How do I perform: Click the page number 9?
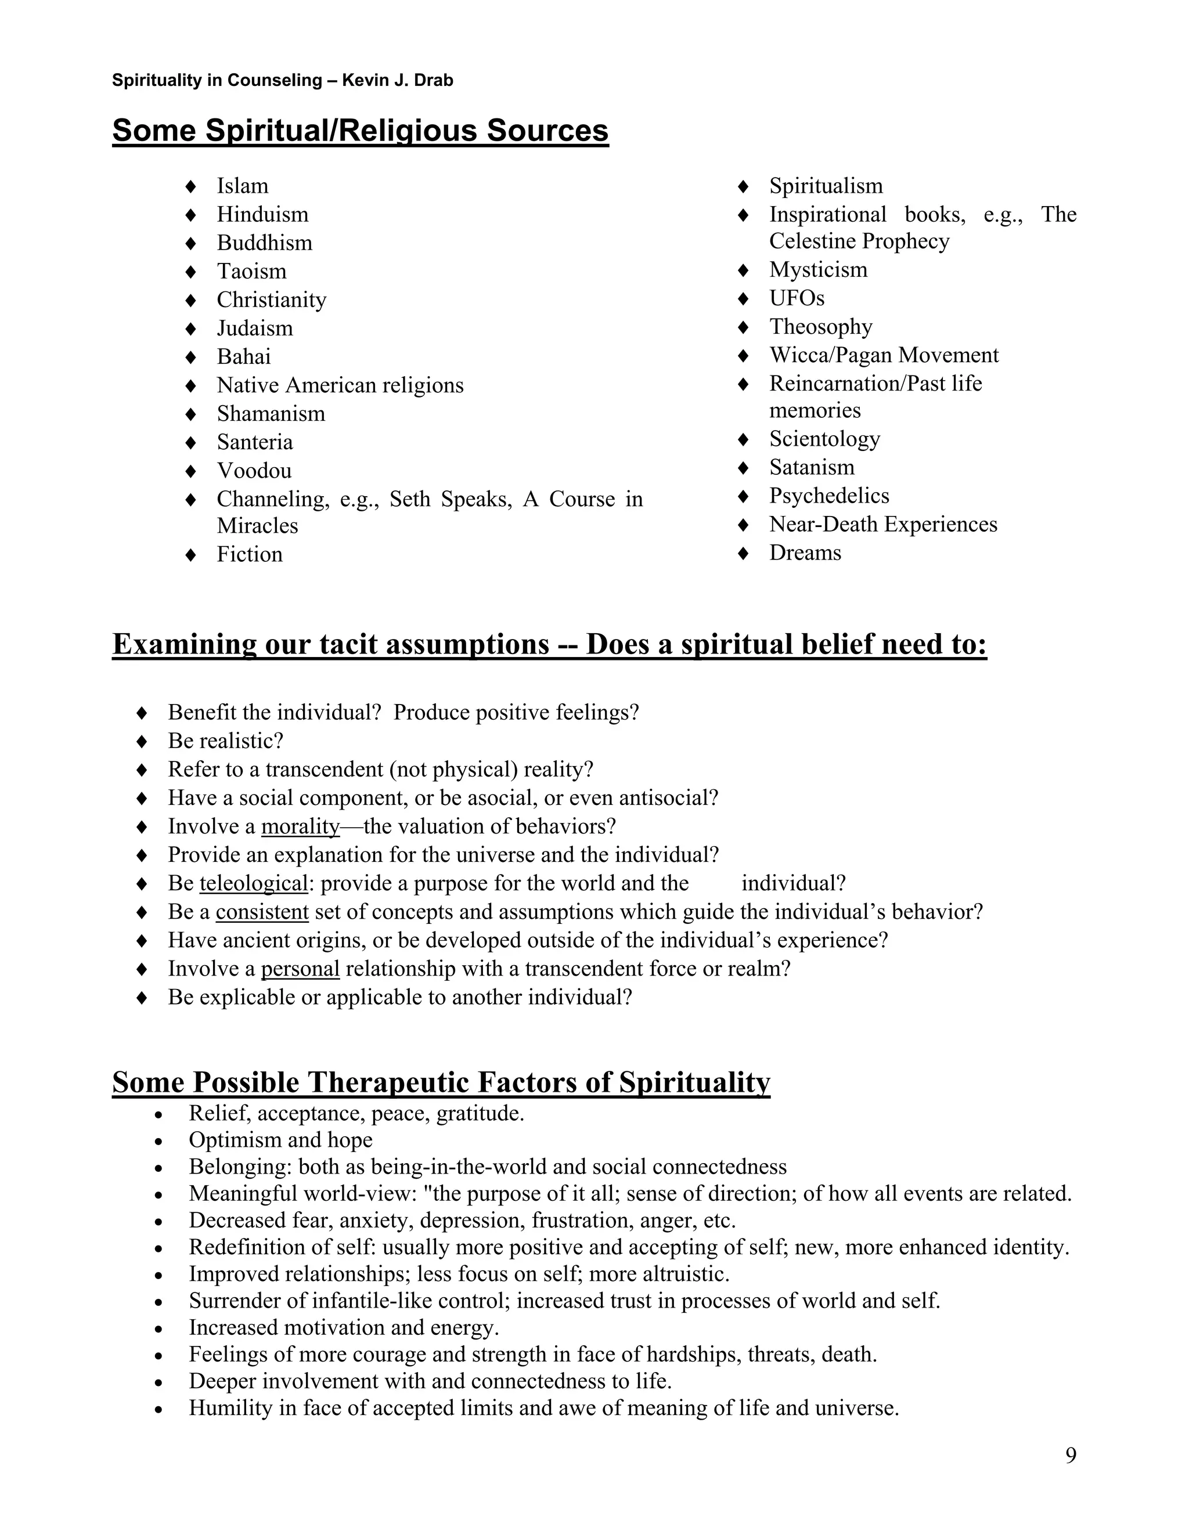[1071, 1455]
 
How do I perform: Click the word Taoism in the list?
[251, 271]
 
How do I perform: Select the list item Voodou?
[254, 471]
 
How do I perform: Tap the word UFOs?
[797, 298]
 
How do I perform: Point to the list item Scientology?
[824, 439]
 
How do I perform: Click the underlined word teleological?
[254, 883]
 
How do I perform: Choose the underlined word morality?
[300, 826]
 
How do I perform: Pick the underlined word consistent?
[262, 912]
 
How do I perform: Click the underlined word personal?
[300, 969]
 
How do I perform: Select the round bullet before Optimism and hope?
[159, 1142]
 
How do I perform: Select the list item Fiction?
[249, 554]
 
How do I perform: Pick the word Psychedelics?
[828, 496]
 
